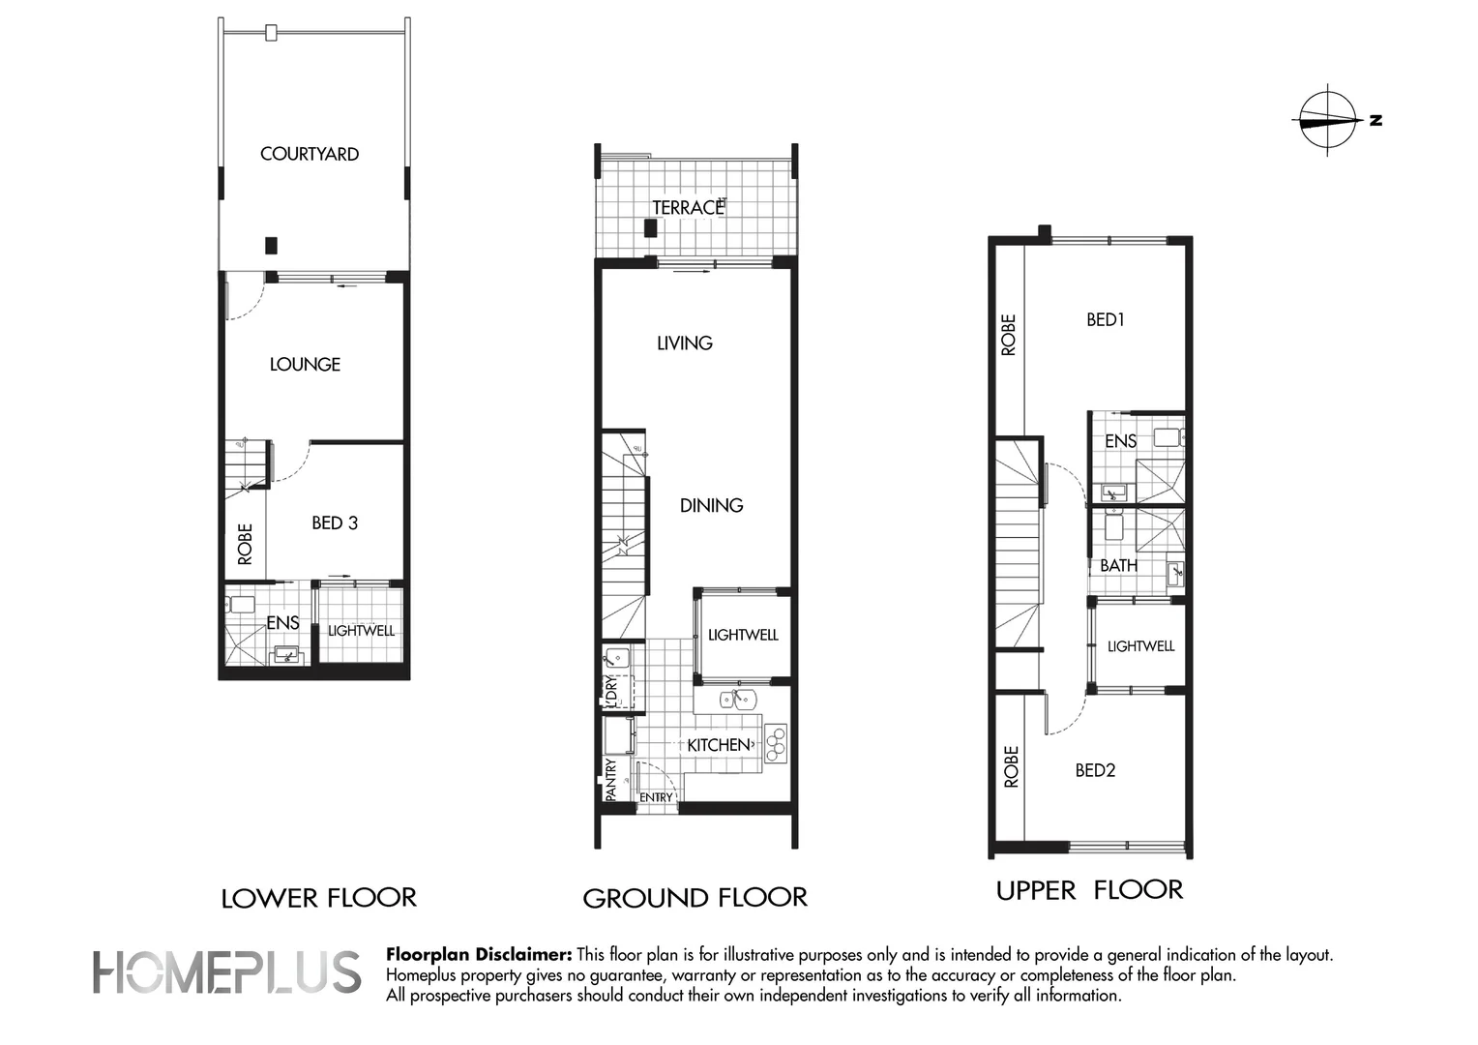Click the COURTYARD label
(x=310, y=154)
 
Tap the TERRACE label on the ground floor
(x=688, y=208)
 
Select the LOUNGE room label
(x=305, y=365)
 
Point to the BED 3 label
(x=335, y=522)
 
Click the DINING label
(x=711, y=506)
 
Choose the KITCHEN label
(x=719, y=745)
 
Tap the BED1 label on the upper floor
(x=1106, y=320)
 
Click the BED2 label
(x=1095, y=770)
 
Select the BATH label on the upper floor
(x=1118, y=566)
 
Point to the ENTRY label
(x=656, y=797)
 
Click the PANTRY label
(x=610, y=780)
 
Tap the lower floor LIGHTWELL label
(x=361, y=631)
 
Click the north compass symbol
(x=1328, y=121)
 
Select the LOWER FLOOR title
(x=318, y=899)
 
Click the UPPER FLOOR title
(x=1089, y=890)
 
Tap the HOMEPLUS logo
(x=226, y=971)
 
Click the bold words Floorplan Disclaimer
(x=479, y=955)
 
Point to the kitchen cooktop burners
(x=776, y=744)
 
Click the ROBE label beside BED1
(x=1008, y=336)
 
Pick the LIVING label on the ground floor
(x=684, y=343)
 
